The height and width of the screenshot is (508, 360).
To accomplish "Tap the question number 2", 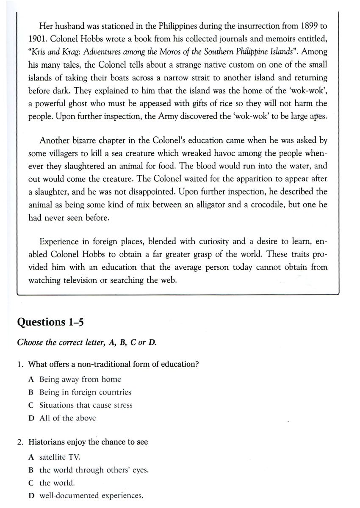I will coord(20,442).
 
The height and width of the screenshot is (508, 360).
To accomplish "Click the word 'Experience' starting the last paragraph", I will coord(59,242).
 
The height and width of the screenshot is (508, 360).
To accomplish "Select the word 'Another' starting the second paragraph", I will coord(53,140).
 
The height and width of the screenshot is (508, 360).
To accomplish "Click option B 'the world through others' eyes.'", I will coord(94,470).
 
